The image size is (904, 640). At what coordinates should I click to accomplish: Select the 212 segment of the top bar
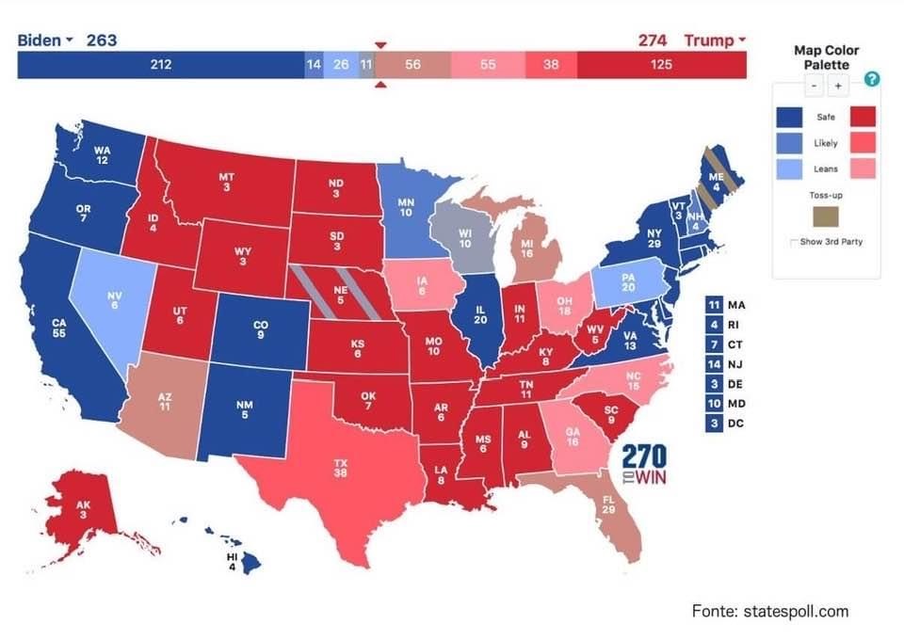click(160, 65)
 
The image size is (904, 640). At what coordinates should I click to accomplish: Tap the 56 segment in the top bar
click(412, 65)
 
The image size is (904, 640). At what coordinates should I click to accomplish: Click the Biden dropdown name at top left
click(45, 40)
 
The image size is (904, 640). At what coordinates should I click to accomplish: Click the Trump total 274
click(652, 40)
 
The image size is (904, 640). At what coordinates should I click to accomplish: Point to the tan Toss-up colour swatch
click(827, 218)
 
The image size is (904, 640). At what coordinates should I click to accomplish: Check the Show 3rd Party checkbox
click(793, 243)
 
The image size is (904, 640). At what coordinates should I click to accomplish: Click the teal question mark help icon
click(871, 79)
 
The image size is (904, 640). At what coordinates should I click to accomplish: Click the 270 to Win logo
click(645, 464)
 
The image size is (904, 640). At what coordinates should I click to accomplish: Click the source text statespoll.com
click(769, 611)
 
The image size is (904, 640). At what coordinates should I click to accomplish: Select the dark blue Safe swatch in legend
click(790, 117)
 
